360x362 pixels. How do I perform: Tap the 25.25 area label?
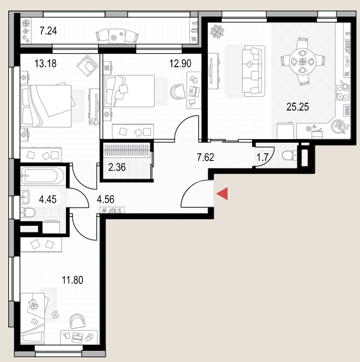click(x=297, y=107)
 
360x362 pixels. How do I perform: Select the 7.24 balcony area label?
click(x=48, y=31)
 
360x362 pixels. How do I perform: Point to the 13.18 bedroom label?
click(x=45, y=64)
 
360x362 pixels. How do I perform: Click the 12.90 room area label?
click(x=180, y=63)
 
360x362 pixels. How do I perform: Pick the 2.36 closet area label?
click(x=117, y=167)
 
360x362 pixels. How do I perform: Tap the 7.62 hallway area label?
click(x=205, y=157)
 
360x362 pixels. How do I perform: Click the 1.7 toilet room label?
click(x=262, y=157)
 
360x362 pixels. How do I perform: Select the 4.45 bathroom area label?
click(x=48, y=199)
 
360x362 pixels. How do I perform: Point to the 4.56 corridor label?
click(x=106, y=199)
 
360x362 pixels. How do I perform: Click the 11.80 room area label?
click(x=73, y=280)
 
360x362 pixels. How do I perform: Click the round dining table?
click(x=303, y=62)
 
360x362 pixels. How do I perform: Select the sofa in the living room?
click(x=253, y=71)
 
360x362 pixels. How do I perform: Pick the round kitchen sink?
click(x=339, y=127)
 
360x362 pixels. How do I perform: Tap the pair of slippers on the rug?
click(x=55, y=314)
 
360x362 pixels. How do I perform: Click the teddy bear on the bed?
click(x=34, y=304)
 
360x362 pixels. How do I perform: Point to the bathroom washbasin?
click(x=25, y=197)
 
